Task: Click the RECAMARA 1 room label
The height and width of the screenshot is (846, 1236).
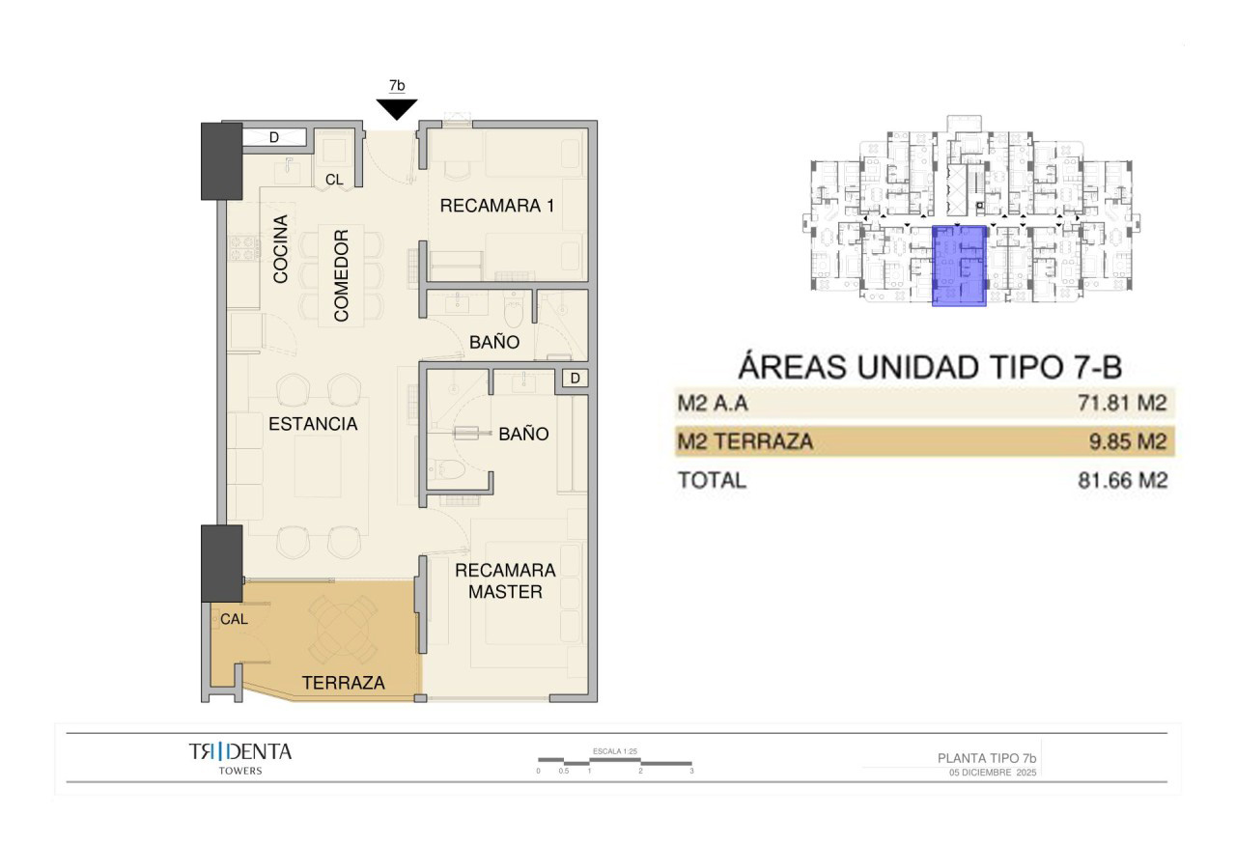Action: pyautogui.click(x=496, y=206)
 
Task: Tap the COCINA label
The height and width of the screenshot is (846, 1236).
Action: pyautogui.click(x=280, y=249)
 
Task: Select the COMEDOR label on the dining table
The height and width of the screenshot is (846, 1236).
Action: pyautogui.click(x=341, y=275)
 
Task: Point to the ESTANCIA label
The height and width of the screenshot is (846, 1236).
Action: pyautogui.click(x=313, y=424)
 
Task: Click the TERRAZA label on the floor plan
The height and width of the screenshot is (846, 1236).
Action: pyautogui.click(x=343, y=683)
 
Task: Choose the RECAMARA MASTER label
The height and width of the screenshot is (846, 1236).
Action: pyautogui.click(x=505, y=580)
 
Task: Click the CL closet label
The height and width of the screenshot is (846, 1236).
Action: pyautogui.click(x=334, y=180)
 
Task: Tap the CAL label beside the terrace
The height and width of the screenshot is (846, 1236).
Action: pyautogui.click(x=234, y=619)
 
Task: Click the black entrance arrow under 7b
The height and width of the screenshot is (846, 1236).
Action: pyautogui.click(x=397, y=109)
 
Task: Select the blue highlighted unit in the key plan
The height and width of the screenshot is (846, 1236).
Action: pyautogui.click(x=959, y=266)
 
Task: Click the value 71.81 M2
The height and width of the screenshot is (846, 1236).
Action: pyautogui.click(x=1122, y=403)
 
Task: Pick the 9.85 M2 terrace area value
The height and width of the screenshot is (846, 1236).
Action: pyautogui.click(x=1127, y=441)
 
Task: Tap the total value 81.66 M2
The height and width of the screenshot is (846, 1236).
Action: pyautogui.click(x=1122, y=480)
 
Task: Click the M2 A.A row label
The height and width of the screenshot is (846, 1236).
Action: pyautogui.click(x=713, y=403)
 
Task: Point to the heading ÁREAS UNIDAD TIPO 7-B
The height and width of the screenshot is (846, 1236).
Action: pyautogui.click(x=930, y=366)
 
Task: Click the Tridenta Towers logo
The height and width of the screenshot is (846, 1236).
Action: pyautogui.click(x=240, y=758)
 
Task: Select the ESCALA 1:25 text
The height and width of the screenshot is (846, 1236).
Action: pyautogui.click(x=615, y=751)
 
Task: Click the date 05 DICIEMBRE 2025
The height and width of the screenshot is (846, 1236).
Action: pyautogui.click(x=993, y=773)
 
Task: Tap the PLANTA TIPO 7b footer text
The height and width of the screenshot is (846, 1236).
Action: pyautogui.click(x=987, y=758)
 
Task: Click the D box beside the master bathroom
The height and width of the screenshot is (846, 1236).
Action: pyautogui.click(x=575, y=378)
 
